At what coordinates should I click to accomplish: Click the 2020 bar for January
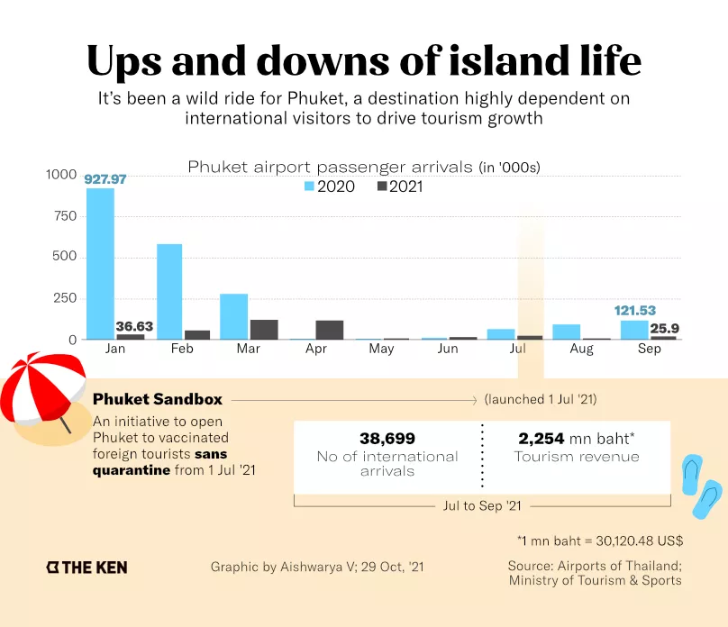100,264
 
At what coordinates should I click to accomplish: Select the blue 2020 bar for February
169,292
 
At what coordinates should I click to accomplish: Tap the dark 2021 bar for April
330,330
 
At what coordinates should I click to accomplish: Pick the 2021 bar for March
264,330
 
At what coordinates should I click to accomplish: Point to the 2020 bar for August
567,332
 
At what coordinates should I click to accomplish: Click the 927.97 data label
105,179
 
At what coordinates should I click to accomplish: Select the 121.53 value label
635,311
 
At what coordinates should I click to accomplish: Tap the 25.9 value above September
664,329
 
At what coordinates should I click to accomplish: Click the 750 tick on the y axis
66,216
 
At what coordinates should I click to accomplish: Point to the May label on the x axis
382,349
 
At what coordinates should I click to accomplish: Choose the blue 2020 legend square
309,186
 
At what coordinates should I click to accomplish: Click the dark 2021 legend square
382,186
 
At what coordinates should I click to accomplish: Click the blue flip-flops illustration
702,486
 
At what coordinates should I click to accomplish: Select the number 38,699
387,439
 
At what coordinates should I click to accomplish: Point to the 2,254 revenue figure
541,439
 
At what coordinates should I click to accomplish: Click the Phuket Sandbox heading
158,399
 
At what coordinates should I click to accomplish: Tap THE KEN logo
86,568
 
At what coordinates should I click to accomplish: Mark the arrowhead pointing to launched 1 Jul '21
475,400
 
